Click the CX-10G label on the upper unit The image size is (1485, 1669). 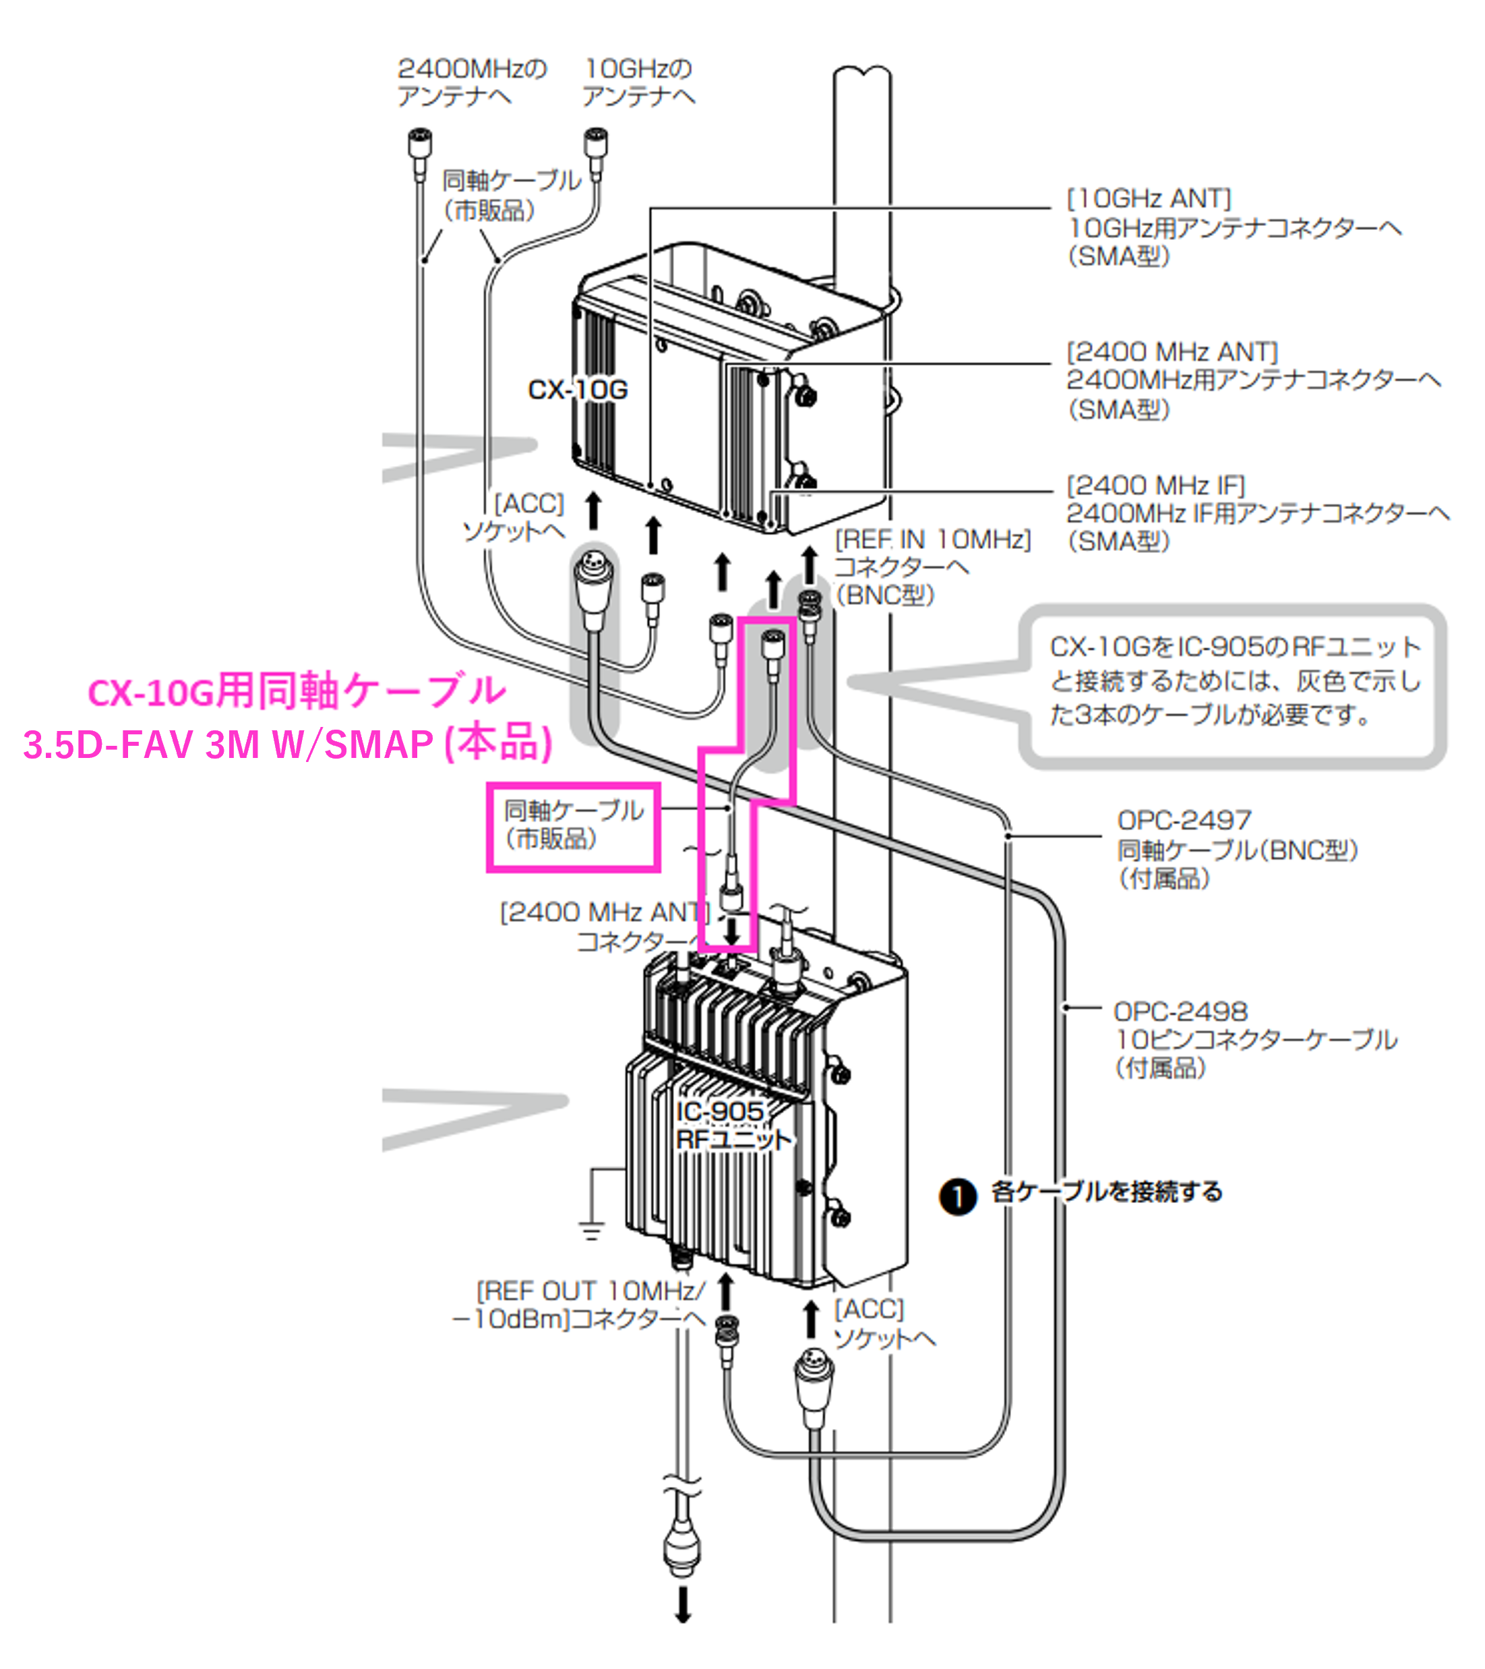[577, 390]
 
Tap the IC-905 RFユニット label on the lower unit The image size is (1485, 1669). [732, 1124]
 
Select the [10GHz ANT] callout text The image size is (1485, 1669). [1149, 198]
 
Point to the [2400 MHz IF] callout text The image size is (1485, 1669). [1155, 486]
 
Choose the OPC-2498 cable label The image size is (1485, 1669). [1180, 1012]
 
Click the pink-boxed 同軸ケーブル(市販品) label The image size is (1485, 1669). [573, 825]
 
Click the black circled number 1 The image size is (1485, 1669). [958, 1197]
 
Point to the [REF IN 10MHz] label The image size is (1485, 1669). [932, 539]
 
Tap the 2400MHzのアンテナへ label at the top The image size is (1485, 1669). [471, 82]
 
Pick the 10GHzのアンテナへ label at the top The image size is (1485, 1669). [638, 82]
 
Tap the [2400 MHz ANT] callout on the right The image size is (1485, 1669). [1172, 353]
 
